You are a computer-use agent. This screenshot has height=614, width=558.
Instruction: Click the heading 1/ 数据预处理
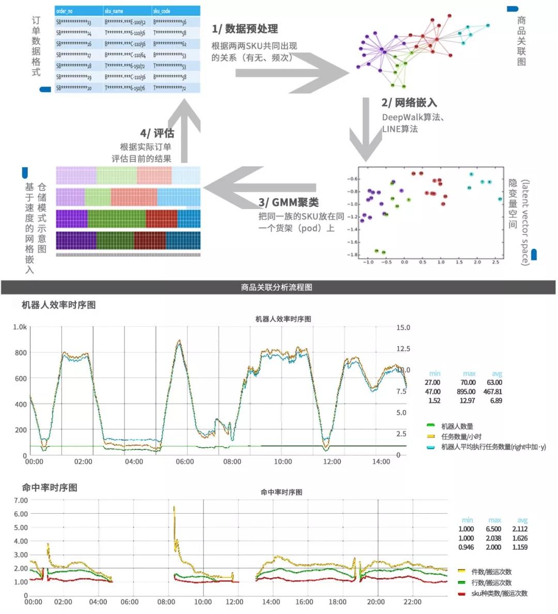245,29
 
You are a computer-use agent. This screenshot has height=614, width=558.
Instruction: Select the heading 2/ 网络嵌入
409,103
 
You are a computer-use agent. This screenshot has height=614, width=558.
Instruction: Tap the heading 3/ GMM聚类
288,202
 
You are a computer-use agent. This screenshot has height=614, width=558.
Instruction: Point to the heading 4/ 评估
157,133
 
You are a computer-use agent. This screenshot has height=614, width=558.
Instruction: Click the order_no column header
65,11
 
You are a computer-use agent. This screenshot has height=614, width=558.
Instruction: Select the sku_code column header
162,11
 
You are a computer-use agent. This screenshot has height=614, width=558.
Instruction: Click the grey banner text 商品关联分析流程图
276,287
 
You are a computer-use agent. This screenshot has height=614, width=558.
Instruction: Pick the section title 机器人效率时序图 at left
58,305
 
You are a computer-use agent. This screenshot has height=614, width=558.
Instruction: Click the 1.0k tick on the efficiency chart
20,327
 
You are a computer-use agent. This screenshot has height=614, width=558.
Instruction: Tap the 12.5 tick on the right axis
403,349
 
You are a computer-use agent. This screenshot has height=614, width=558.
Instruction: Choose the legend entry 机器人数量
457,426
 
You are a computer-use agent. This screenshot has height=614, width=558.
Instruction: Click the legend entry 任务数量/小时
461,437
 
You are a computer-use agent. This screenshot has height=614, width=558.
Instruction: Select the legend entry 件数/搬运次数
491,572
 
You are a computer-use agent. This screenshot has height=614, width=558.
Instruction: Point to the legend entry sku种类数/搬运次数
499,593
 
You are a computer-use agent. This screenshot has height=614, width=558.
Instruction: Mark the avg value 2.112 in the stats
520,529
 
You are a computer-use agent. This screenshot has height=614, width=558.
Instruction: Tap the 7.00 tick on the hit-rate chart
21,500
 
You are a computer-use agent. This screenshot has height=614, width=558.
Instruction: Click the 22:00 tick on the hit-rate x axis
412,602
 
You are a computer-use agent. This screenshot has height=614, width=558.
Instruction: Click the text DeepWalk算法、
413,117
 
